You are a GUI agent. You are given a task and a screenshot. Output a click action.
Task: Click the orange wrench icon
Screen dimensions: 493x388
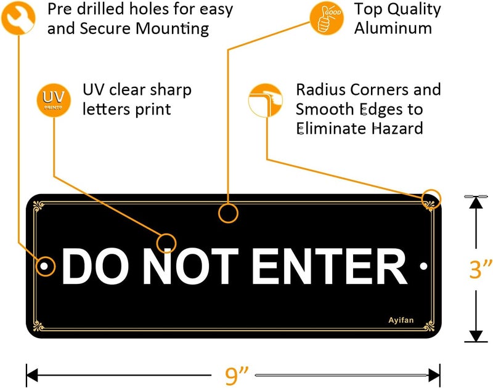pyautogui.click(x=18, y=18)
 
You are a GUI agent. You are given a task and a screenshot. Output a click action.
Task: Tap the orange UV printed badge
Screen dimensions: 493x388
pyautogui.click(x=54, y=100)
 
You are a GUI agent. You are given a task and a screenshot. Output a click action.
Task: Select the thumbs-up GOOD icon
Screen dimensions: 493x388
pyautogui.click(x=327, y=18)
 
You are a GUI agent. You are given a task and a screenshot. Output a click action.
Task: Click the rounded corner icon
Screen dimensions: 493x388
pyautogui.click(x=266, y=100)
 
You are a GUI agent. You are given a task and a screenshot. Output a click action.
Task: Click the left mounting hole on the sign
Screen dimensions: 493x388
pyautogui.click(x=44, y=266)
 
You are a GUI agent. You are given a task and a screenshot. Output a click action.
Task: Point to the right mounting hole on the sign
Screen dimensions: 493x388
pyautogui.click(x=423, y=266)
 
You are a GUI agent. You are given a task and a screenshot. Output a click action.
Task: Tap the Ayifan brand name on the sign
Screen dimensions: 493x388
pyautogui.click(x=401, y=320)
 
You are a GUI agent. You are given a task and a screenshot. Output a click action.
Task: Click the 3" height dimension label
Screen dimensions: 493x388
pyautogui.click(x=481, y=269)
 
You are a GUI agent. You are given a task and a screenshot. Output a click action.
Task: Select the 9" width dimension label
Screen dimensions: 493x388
pyautogui.click(x=237, y=375)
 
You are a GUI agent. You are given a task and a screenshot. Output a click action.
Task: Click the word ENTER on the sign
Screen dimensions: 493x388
pyautogui.click(x=330, y=266)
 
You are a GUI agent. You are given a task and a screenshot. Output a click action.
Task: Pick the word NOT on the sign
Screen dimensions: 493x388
pyautogui.click(x=190, y=266)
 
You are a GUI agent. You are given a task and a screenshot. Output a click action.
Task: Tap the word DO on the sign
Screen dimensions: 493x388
pyautogui.click(x=96, y=266)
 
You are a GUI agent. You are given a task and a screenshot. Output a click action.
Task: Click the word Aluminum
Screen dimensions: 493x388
pyautogui.click(x=393, y=28)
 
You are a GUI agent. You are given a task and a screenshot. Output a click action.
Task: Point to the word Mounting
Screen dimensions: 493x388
pyautogui.click(x=173, y=29)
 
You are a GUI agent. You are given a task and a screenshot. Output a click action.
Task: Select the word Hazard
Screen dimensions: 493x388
pyautogui.click(x=397, y=128)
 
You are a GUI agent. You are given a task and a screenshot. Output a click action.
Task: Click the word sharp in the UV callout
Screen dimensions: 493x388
pyautogui.click(x=171, y=91)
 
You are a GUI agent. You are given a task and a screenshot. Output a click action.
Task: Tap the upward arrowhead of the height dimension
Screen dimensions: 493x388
pyautogui.click(x=476, y=203)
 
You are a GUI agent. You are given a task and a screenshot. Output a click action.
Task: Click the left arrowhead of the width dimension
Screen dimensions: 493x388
pyautogui.click(x=32, y=375)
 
